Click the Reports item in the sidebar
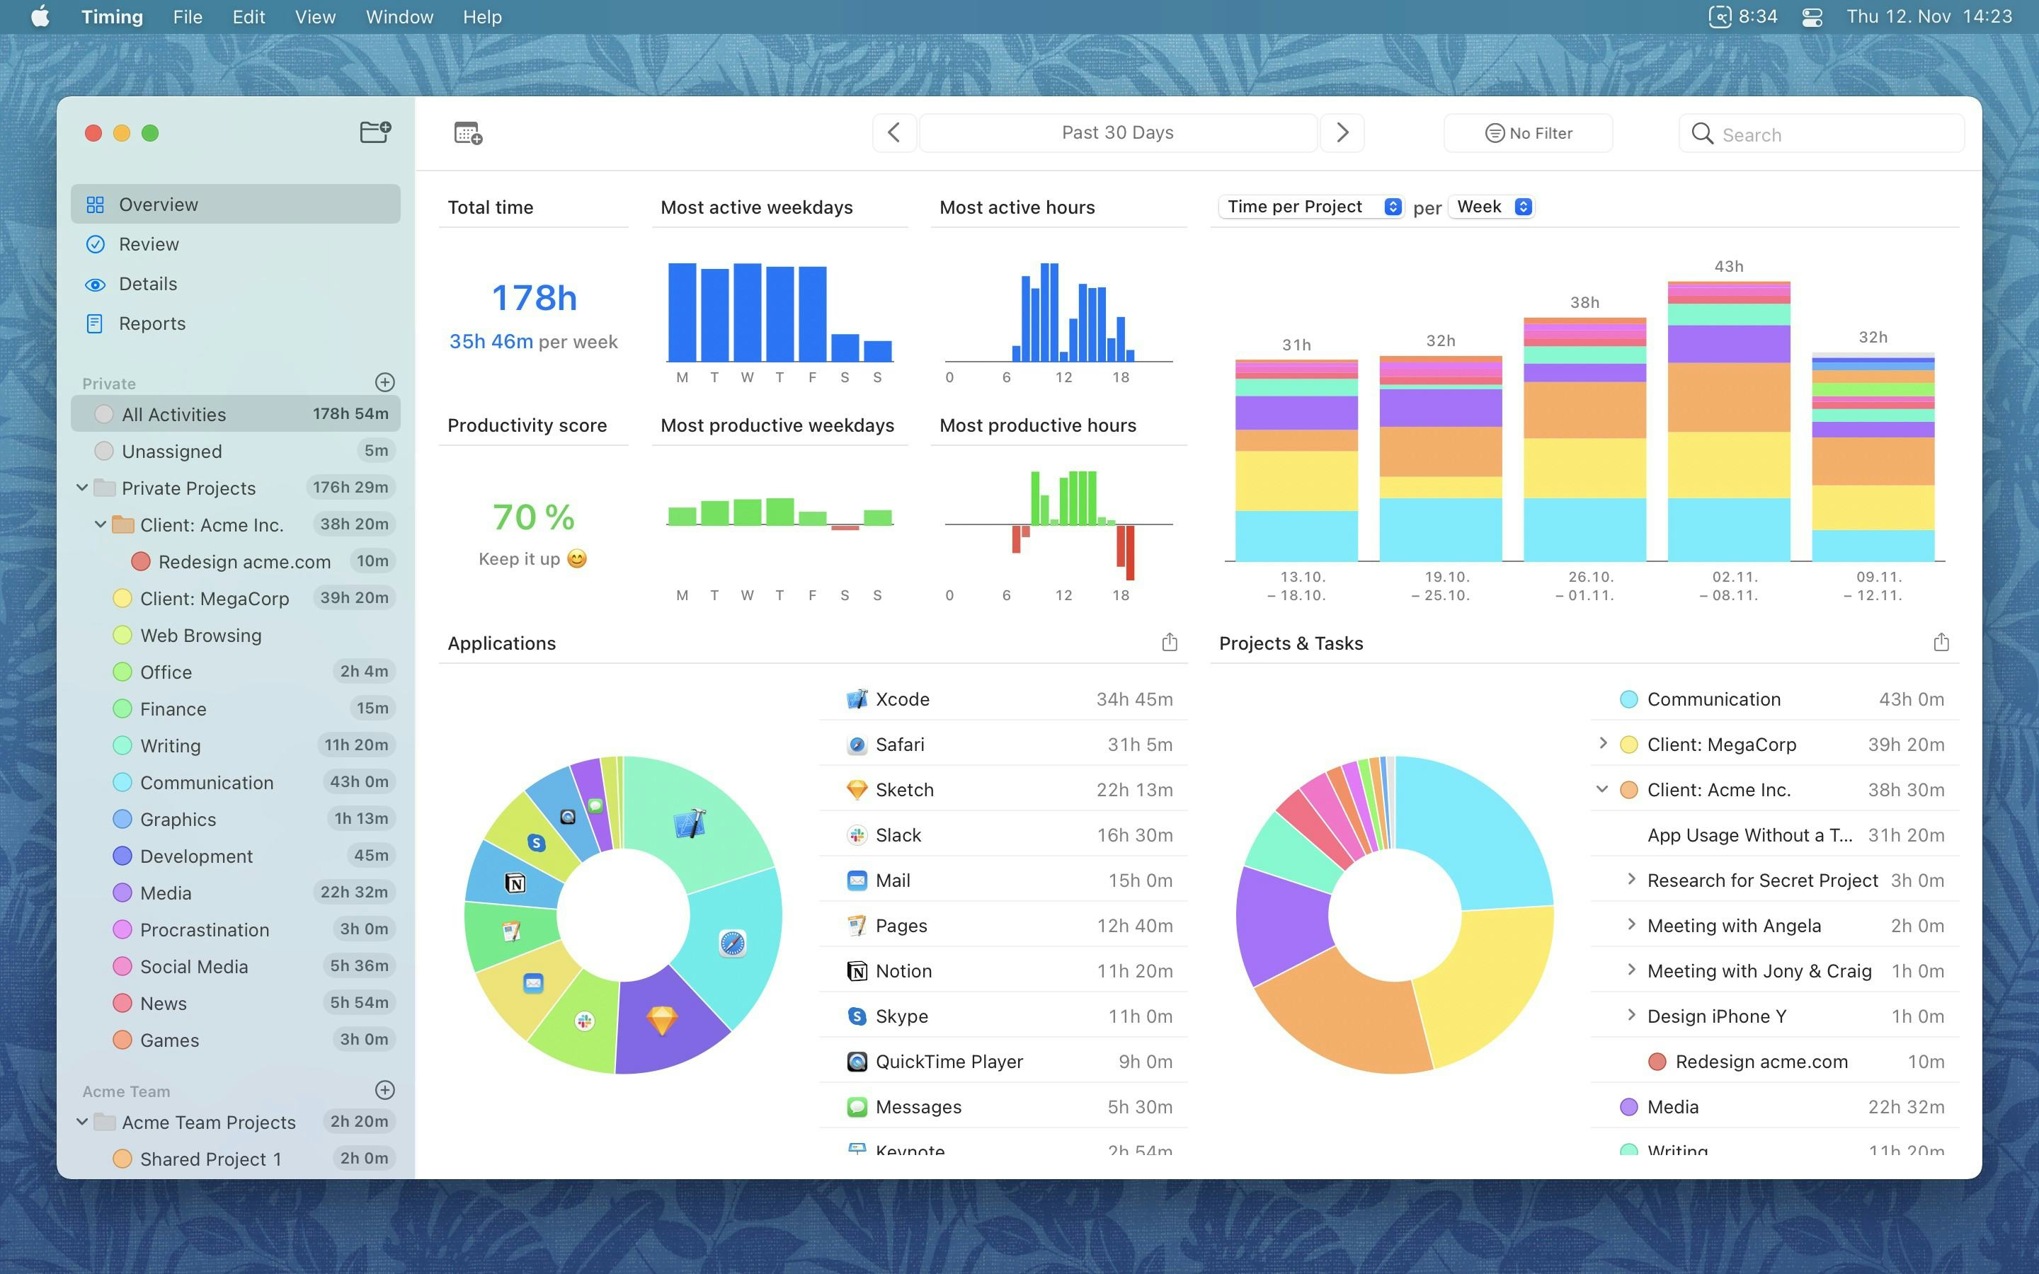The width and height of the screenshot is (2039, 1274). coord(152,323)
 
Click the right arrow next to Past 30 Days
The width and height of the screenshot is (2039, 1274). coord(1342,132)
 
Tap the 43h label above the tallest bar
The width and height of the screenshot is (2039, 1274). coord(1728,266)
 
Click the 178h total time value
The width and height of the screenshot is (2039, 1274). coord(535,297)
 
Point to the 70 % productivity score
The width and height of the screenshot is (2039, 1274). coord(533,517)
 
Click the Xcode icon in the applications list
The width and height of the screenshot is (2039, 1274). coord(857,699)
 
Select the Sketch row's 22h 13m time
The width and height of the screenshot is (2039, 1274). coord(1134,789)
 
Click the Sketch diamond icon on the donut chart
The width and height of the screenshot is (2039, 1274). coord(661,1021)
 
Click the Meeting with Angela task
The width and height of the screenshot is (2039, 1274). coord(1734,926)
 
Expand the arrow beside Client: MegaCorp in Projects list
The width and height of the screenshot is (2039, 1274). coord(1603,743)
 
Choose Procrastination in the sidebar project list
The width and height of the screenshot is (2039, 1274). coord(204,929)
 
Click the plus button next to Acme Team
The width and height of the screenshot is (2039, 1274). coord(385,1090)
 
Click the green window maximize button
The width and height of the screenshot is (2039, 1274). coord(150,133)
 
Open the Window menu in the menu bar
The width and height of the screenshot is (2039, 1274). coord(399,17)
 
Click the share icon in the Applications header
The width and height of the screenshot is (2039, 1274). coord(1170,643)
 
